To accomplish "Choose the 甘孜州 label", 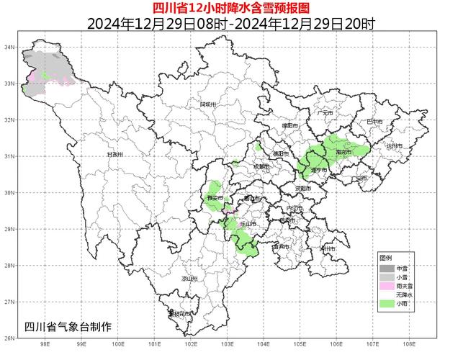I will pos(115,154).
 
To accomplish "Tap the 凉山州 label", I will pos(189,278).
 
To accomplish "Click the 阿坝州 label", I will pos(208,104).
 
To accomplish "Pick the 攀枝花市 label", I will pos(180,314).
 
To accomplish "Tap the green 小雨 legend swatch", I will pos(388,305).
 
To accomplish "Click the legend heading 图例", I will pos(386,257).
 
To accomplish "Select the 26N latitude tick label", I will pos(9,338).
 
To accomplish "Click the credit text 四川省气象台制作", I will pos(68,326).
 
